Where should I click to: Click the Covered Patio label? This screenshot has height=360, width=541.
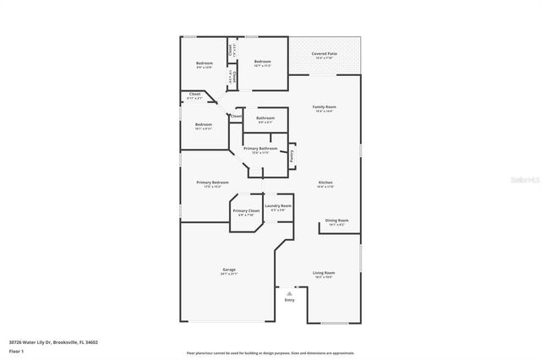[324, 53]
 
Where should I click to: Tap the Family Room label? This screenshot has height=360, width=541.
[325, 106]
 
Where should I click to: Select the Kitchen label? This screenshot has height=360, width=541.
[325, 183]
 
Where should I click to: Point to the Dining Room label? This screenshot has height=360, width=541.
[336, 221]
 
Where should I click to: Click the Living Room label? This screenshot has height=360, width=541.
[325, 273]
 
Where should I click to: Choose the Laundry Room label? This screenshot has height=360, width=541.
[278, 205]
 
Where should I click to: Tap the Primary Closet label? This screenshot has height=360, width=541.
[246, 210]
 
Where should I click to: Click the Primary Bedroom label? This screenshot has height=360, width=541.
[213, 183]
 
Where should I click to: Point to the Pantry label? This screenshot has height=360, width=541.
[292, 155]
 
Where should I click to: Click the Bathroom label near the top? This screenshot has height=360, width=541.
[265, 118]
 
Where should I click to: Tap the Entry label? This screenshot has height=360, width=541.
[290, 299]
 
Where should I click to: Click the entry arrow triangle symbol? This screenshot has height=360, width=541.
[290, 292]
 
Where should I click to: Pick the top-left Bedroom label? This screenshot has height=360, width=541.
[205, 63]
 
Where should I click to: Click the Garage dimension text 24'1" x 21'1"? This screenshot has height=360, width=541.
[228, 275]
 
